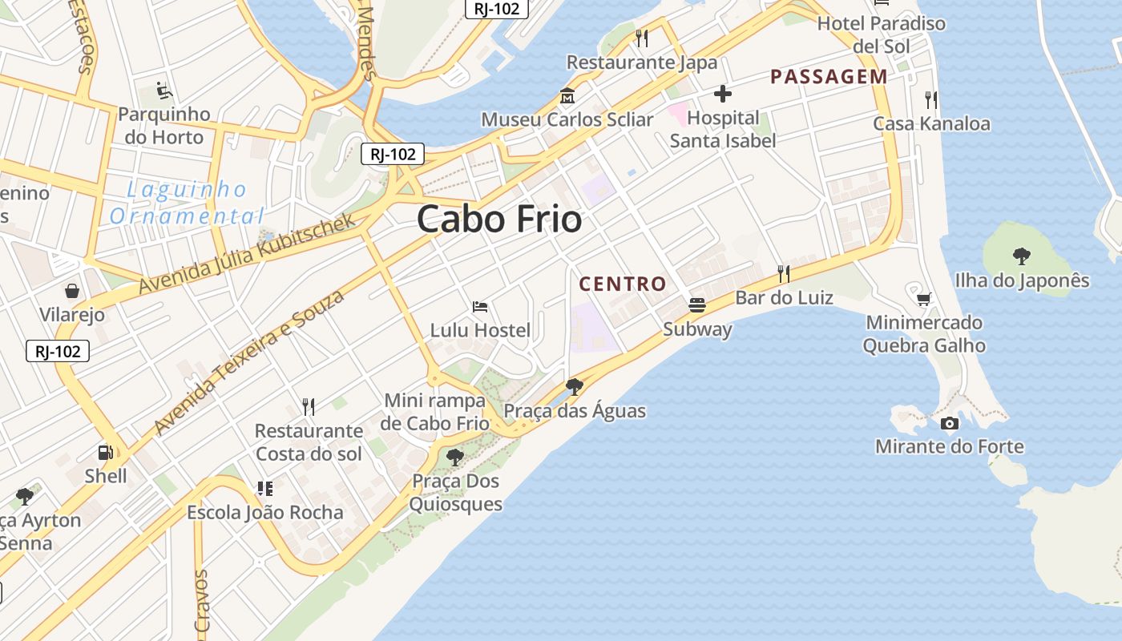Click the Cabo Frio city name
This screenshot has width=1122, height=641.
click(498, 219)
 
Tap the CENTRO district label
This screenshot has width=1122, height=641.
click(623, 284)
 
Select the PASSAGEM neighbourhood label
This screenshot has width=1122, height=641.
click(829, 77)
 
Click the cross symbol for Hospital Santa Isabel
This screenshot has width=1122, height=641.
click(723, 94)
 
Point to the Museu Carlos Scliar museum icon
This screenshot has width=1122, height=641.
click(567, 95)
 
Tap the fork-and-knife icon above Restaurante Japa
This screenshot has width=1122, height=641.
click(641, 38)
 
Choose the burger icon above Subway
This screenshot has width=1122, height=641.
click(697, 305)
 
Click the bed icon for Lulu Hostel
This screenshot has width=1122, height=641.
click(480, 306)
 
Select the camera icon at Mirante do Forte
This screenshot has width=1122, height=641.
click(950, 423)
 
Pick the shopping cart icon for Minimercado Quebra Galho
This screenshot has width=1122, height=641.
click(924, 299)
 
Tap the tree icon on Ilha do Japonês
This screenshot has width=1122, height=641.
click(1022, 256)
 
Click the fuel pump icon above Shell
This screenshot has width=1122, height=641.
click(106, 453)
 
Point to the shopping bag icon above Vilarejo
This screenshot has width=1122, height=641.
click(72, 290)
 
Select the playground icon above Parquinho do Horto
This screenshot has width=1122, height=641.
click(163, 90)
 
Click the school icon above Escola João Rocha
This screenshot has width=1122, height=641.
click(264, 488)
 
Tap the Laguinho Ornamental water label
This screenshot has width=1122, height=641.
click(187, 203)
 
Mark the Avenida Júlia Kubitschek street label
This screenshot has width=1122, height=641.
click(246, 254)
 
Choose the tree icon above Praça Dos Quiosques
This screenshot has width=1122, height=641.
click(455, 458)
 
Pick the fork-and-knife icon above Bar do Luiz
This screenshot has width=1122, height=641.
click(784, 274)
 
